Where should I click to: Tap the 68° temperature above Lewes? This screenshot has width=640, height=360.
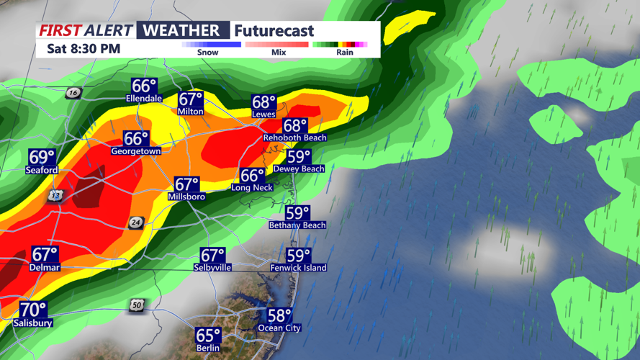point(264,102)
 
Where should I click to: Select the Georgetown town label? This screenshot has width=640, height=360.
point(136,151)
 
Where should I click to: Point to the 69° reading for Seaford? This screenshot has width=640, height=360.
point(42,157)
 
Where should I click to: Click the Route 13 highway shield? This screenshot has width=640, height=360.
point(56,196)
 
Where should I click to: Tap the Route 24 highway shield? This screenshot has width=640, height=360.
point(136,223)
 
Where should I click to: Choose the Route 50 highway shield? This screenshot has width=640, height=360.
point(137,306)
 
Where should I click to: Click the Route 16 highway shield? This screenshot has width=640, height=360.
point(72,93)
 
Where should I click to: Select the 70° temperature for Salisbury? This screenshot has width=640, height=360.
point(32,310)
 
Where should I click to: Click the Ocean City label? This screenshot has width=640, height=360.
point(279,328)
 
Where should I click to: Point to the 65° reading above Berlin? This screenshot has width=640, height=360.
point(209,336)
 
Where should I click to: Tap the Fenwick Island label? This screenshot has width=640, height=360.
point(298,268)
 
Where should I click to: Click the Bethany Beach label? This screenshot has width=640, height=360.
point(297,225)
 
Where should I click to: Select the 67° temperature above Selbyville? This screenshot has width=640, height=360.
point(212,256)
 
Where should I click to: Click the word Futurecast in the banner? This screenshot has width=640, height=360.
point(273,31)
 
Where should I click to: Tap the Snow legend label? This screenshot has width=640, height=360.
point(207,53)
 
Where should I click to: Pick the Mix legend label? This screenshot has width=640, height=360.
point(278,53)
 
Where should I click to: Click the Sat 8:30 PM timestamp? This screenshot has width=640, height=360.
point(84,49)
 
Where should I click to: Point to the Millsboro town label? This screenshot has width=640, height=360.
point(186,197)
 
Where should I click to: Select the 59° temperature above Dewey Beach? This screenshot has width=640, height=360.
point(299,156)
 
